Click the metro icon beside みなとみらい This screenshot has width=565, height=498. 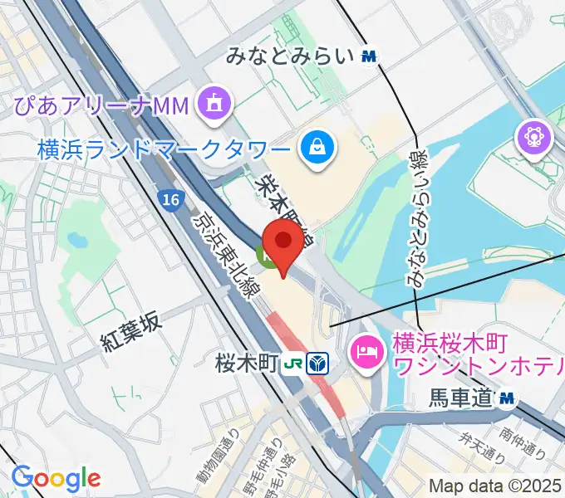tap(370, 56)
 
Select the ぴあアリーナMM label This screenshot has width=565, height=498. tap(101, 105)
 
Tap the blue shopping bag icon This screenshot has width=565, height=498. tap(317, 149)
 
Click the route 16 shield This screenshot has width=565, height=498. tap(170, 199)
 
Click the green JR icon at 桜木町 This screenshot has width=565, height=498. tap(291, 363)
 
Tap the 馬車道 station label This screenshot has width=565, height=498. tap(462, 400)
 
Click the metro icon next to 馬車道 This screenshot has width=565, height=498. tap(506, 400)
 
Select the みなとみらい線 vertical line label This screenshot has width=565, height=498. tap(416, 217)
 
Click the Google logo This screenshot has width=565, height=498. tap(56, 478)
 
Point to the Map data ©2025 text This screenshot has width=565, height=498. tap(496, 486)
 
